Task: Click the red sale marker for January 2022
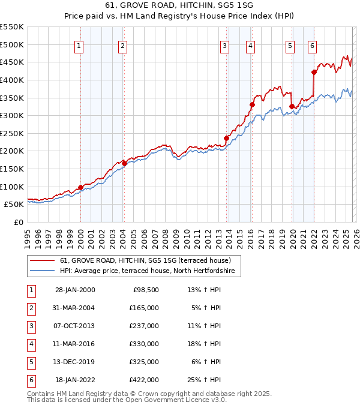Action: (x=314, y=73)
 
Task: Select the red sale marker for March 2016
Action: (x=252, y=105)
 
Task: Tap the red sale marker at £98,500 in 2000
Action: (x=80, y=187)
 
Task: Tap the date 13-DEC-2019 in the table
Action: (x=74, y=362)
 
